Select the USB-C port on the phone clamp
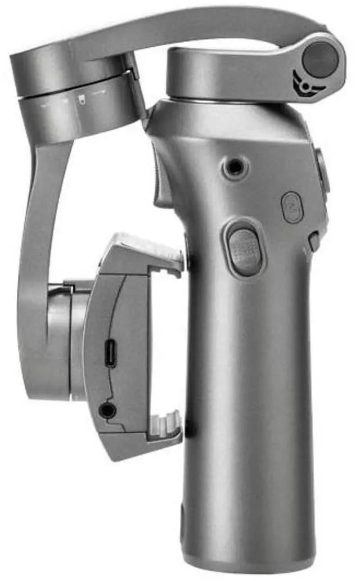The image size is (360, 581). (111, 354)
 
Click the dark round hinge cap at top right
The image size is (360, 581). (320, 60)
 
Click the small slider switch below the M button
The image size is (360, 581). (314, 241)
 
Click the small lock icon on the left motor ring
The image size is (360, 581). (82, 102)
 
